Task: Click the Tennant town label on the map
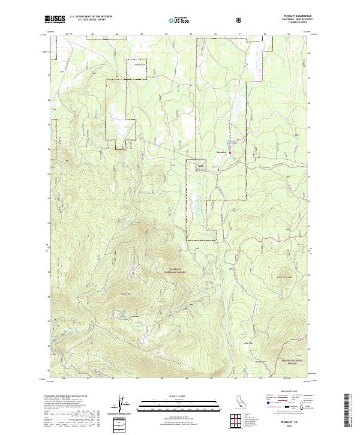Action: [221, 152]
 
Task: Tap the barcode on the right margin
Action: [352, 414]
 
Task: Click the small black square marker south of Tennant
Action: [218, 170]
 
